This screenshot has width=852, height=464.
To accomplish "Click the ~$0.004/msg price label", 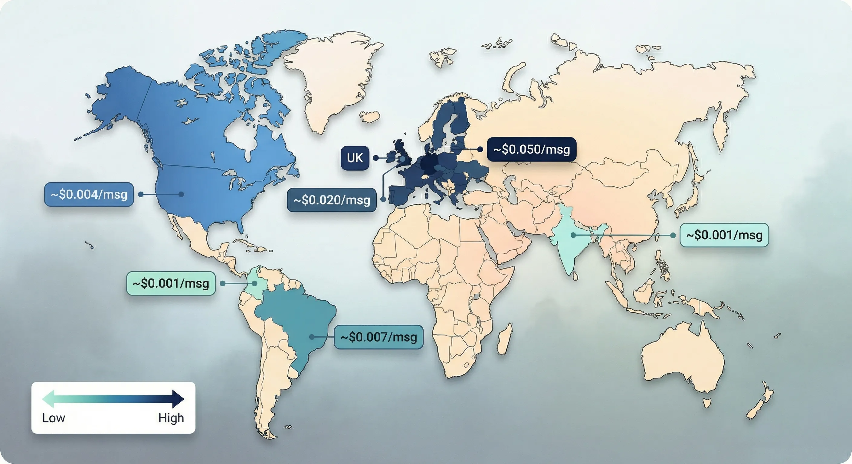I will point(89,195).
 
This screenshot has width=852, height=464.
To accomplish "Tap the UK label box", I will point(355,158).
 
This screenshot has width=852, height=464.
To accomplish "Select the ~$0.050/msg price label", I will point(532,149).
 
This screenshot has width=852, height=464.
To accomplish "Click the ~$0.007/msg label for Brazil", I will point(378,337).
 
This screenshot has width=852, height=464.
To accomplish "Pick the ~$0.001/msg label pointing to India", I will point(724,235).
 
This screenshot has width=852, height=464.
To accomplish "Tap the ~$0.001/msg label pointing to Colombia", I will point(171,283).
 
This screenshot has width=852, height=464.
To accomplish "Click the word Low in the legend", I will point(54,418).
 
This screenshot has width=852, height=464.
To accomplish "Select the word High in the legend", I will point(171,418).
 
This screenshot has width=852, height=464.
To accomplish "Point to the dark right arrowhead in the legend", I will point(178,399).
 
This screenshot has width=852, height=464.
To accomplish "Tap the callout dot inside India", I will point(573,235).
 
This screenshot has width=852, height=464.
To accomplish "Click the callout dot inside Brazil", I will point(312,337).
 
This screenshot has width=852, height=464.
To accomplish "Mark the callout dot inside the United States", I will point(181,194).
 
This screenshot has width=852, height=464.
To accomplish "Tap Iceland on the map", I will point(369,117).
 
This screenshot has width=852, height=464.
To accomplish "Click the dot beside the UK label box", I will point(376,158).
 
